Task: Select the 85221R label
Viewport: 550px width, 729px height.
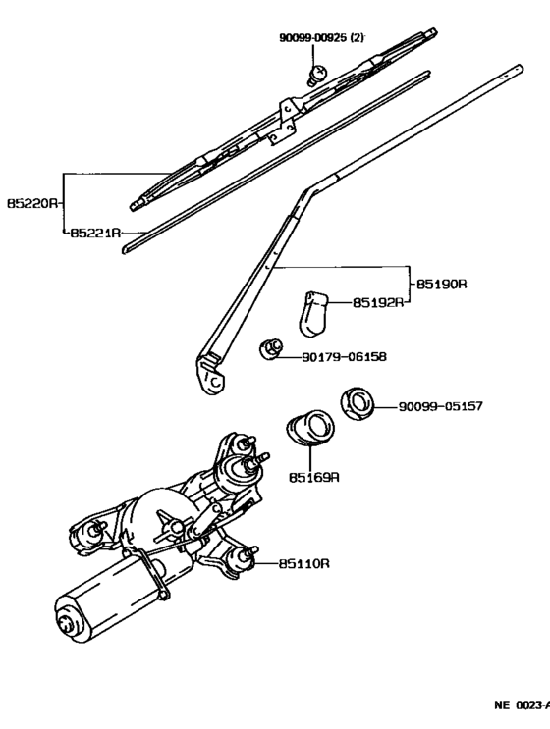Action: click(95, 234)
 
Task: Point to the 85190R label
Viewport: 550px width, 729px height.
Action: click(441, 284)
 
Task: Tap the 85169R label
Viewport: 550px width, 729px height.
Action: click(313, 478)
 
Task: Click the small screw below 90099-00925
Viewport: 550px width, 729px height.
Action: click(318, 71)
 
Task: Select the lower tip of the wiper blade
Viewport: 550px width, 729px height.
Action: click(137, 203)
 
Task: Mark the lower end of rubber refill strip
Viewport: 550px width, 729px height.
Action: click(128, 249)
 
